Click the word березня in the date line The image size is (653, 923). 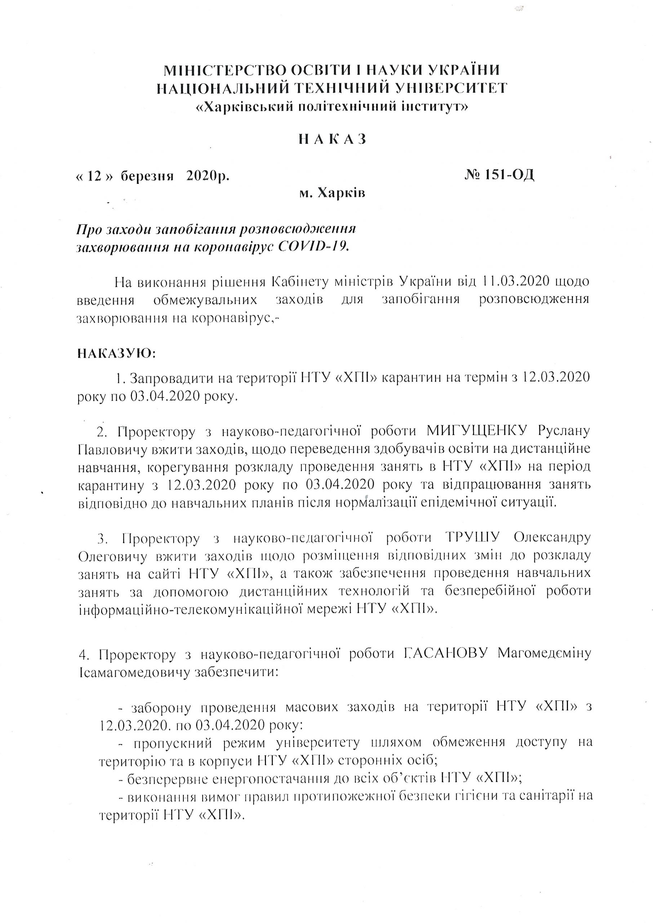tap(147, 176)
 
